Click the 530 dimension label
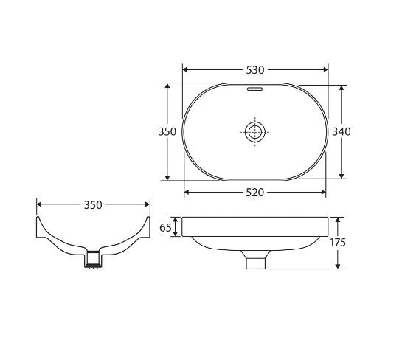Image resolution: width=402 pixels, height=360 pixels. click(254, 70)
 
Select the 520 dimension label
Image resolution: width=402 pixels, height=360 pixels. click(254, 193)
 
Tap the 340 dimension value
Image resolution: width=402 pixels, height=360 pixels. click(342, 132)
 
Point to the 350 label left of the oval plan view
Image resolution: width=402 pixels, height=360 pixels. click(167, 132)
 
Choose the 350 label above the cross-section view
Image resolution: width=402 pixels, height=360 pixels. click(93, 205)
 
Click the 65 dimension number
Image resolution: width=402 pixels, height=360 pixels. click(165, 227)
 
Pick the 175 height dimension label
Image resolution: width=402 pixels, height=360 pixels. click(338, 243)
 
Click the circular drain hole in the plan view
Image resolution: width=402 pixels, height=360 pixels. click(254, 132)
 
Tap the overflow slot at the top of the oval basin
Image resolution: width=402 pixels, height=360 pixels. click(254, 89)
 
